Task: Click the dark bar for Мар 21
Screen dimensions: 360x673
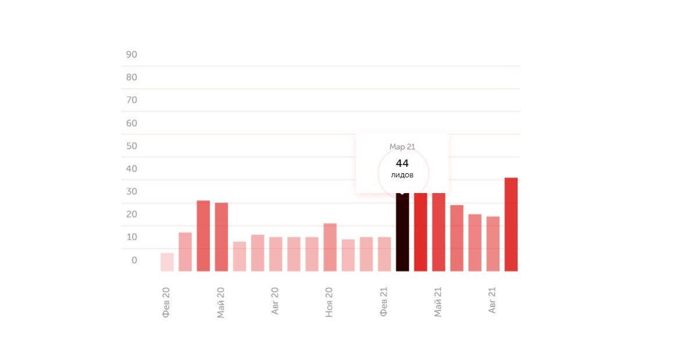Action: click(402, 233)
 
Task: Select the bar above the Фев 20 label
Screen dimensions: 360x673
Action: click(167, 262)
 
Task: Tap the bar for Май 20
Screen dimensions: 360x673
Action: click(221, 237)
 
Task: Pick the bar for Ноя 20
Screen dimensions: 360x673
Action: click(330, 247)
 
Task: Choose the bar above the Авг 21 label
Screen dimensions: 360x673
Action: click(493, 244)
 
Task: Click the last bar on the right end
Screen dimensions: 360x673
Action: click(511, 224)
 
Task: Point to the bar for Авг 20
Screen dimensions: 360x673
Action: click(275, 254)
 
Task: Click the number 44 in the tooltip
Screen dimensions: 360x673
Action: click(402, 163)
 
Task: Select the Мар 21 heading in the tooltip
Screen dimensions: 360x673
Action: click(402, 147)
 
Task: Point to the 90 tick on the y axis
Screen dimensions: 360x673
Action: click(131, 55)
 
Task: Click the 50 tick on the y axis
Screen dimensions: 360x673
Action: click(131, 146)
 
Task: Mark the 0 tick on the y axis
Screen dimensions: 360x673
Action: click(134, 260)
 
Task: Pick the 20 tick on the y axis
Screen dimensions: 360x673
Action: click(131, 214)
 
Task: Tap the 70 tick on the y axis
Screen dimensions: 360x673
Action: click(131, 100)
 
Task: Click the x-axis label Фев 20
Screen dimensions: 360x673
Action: click(166, 302)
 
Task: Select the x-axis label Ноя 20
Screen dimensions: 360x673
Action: click(330, 302)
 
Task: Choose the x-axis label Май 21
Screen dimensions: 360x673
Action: click(438, 302)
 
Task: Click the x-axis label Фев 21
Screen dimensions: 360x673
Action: click(384, 302)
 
